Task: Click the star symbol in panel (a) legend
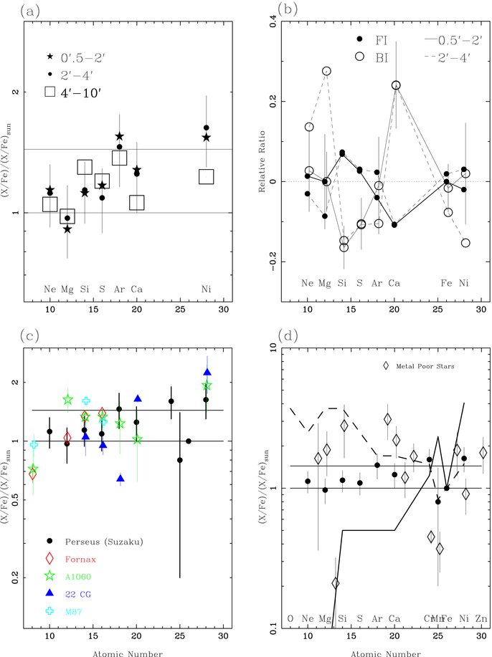click(x=49, y=57)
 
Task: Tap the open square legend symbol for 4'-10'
click(x=50, y=92)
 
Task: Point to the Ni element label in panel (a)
click(x=206, y=290)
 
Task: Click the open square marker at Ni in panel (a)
click(x=207, y=177)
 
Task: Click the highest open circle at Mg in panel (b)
click(x=326, y=71)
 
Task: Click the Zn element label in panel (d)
click(x=482, y=618)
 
